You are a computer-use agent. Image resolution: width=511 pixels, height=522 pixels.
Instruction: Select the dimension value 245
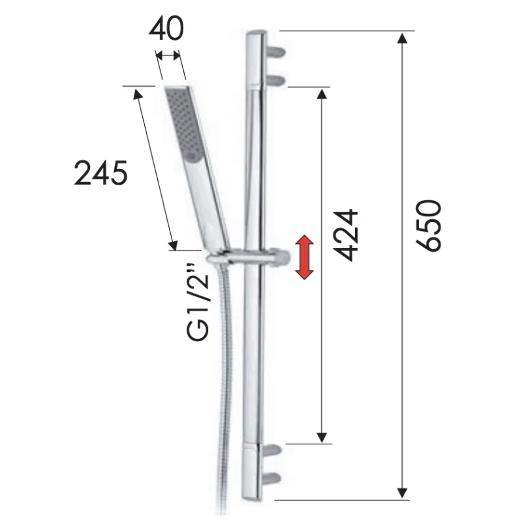coord(101,174)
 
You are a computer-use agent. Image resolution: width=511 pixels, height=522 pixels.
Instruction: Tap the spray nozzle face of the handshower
coord(182,124)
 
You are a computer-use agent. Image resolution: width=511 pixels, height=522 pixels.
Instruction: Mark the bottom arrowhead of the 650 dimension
coord(403,490)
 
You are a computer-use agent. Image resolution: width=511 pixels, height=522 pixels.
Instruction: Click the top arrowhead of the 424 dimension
coord(321,95)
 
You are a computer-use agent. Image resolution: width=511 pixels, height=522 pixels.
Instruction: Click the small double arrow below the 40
coord(169,57)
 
